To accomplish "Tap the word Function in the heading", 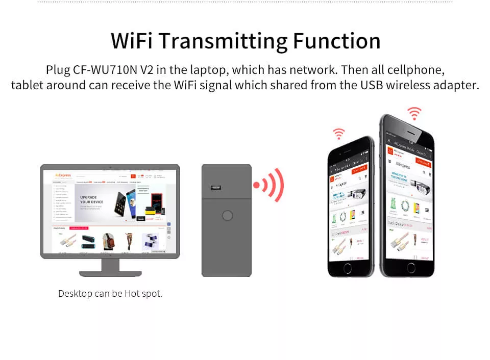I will (x=336, y=41).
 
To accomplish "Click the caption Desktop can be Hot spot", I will (x=110, y=294).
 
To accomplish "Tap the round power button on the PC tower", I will (x=227, y=216).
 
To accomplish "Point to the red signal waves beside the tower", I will (x=269, y=185).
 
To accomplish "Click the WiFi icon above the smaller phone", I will (x=339, y=134).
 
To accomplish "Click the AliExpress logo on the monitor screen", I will (x=63, y=175).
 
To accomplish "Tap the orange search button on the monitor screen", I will (x=133, y=176).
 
